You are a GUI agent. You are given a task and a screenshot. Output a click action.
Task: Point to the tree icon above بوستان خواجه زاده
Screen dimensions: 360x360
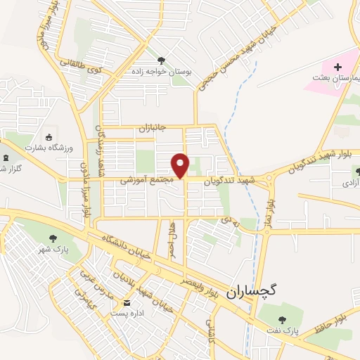[162, 60]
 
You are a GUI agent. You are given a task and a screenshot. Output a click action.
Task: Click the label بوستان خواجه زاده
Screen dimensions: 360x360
[162, 71]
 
